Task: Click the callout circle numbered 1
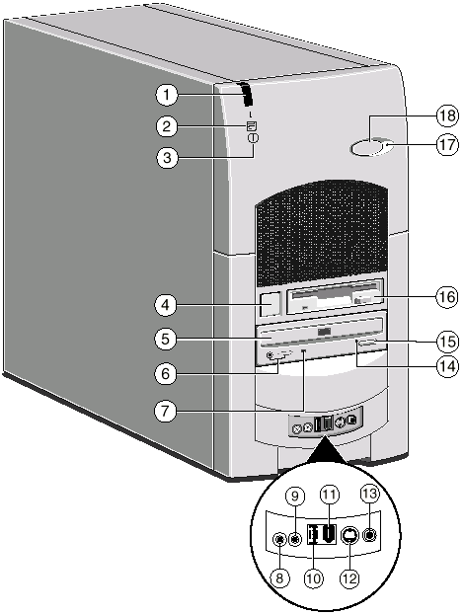tap(167, 95)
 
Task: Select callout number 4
tap(166, 305)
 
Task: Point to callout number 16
tap(447, 297)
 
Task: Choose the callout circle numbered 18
tap(447, 116)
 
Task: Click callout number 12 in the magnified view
tap(349, 577)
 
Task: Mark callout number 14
tap(447, 366)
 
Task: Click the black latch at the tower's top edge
tap(247, 94)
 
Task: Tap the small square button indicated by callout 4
tap(271, 303)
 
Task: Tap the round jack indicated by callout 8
tap(279, 540)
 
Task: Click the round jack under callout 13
tap(369, 534)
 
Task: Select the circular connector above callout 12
tap(348, 535)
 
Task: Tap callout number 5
tap(166, 339)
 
